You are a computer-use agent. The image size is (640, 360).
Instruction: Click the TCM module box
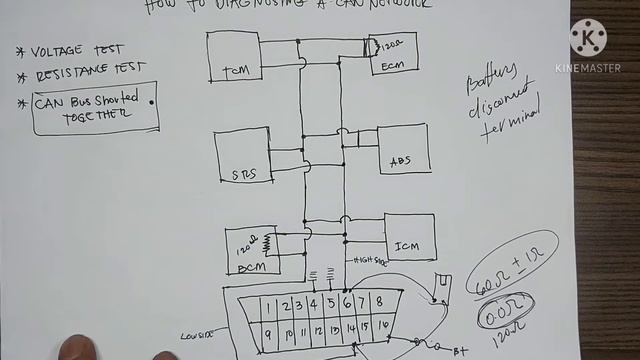[234, 56]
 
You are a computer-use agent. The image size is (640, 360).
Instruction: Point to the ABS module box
[403, 150]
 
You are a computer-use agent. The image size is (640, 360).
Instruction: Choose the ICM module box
[409, 239]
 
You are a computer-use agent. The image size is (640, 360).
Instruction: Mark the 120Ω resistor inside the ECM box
[379, 45]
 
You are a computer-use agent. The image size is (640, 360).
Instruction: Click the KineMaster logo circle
[588, 38]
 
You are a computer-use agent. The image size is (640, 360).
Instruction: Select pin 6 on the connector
[346, 302]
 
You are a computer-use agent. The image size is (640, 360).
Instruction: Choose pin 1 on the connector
[268, 307]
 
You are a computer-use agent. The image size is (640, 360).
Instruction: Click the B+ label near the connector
[462, 351]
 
